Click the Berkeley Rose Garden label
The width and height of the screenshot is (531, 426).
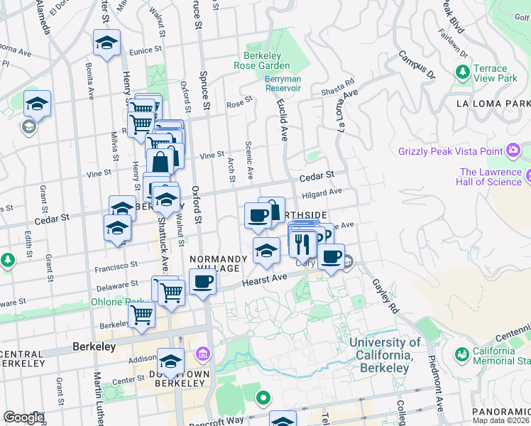[262, 61]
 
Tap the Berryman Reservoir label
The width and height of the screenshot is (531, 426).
[283, 84]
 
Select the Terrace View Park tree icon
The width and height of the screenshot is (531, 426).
[463, 72]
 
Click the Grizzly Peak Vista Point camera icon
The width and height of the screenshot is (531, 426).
[513, 151]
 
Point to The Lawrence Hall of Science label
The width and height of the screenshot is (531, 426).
[491, 177]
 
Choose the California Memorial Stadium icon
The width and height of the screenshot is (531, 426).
[462, 353]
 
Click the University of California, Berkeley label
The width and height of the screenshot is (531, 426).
[384, 355]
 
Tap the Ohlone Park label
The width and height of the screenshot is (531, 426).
[109, 302]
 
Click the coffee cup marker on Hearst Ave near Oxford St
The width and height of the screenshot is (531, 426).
[204, 282]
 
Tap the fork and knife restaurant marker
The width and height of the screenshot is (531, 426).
[304, 244]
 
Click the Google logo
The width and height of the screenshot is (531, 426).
[23, 417]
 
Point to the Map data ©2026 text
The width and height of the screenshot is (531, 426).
[501, 420]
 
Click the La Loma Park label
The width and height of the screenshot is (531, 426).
[495, 104]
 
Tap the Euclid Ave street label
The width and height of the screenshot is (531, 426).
[283, 121]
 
